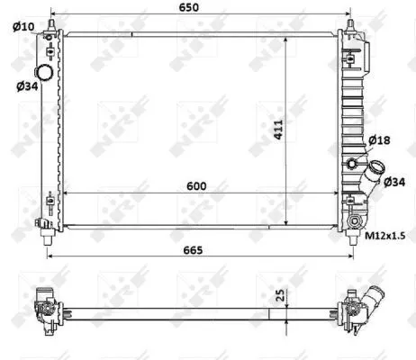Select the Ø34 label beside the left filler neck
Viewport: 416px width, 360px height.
(x=26, y=86)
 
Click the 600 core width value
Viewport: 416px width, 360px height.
(x=197, y=185)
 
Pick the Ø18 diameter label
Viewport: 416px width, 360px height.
(x=379, y=140)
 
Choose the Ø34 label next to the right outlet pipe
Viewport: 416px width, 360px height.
(x=394, y=182)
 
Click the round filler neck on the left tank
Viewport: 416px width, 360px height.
(x=42, y=72)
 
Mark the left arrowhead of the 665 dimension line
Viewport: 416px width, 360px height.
(x=50, y=257)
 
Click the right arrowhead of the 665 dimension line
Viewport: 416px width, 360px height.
(x=354, y=257)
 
